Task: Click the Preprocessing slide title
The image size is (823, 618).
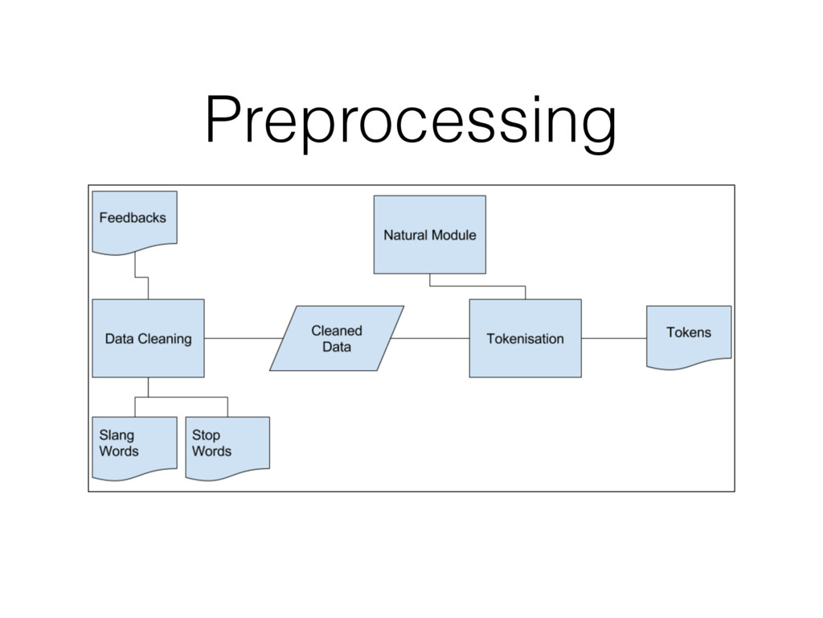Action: (x=411, y=122)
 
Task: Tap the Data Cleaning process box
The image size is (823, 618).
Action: (x=148, y=339)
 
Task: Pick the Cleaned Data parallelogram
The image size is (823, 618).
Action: (x=337, y=339)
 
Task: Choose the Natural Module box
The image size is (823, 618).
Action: (x=430, y=235)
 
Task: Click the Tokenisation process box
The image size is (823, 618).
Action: (x=526, y=339)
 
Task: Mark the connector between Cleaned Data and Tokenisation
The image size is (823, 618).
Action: (x=430, y=339)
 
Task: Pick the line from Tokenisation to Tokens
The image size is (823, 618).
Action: (x=614, y=339)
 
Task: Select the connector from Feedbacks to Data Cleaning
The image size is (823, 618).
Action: (x=141, y=277)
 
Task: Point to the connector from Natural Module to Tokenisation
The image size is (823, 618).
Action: (x=477, y=286)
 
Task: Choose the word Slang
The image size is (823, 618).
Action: (x=117, y=435)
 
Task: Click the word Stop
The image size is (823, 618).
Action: (x=206, y=435)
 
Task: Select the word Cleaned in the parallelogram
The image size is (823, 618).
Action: (x=337, y=331)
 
